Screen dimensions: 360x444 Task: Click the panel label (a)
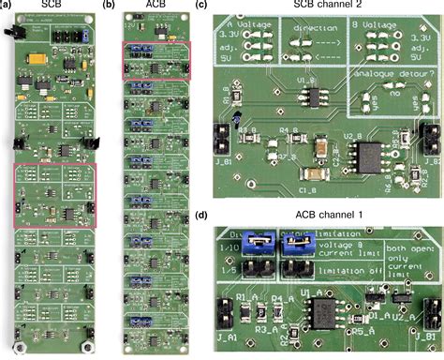(7, 6)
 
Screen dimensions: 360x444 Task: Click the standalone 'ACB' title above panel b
(155, 6)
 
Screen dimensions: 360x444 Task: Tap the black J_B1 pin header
(222, 140)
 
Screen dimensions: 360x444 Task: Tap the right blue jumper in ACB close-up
(297, 247)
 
